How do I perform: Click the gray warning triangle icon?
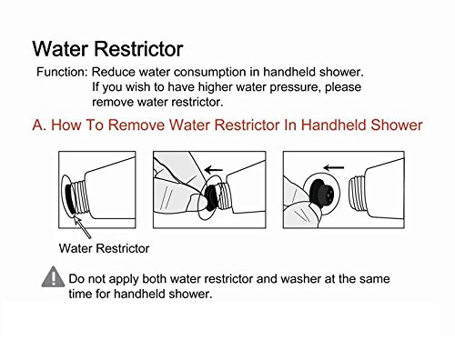coord(53,276)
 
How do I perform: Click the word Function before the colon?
coord(60,72)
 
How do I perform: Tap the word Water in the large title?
coord(60,48)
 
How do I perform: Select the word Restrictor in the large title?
coord(138,48)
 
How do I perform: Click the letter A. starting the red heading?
coord(39,125)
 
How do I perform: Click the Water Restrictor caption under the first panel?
coord(104,248)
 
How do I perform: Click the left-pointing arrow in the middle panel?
coord(214,170)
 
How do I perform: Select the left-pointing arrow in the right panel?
coord(334,167)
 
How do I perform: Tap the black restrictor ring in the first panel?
coord(70,199)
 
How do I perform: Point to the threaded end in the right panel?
coord(358,194)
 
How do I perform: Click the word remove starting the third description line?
coord(113,102)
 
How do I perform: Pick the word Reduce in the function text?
coord(113,72)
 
